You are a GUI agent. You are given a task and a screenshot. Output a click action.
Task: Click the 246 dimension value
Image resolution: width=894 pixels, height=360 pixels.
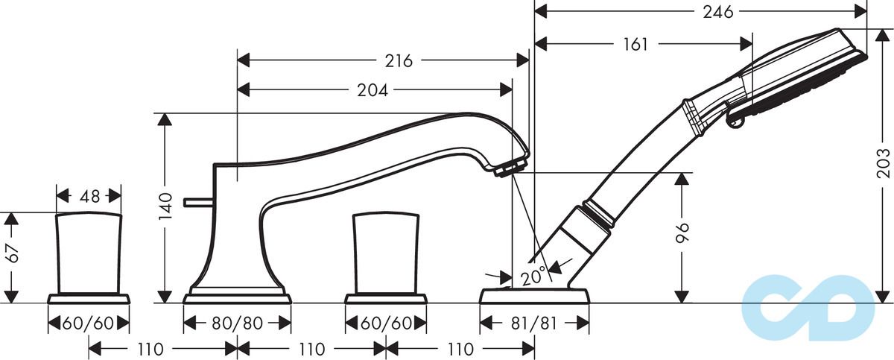click(718, 12)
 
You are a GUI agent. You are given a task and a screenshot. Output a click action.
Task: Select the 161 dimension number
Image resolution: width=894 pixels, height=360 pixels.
click(635, 44)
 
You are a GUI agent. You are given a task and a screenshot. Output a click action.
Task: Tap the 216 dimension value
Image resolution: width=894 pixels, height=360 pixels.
click(399, 60)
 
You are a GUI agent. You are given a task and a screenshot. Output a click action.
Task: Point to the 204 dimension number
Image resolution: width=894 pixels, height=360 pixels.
click(372, 91)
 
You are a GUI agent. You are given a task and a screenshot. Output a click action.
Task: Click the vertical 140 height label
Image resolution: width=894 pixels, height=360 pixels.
click(165, 206)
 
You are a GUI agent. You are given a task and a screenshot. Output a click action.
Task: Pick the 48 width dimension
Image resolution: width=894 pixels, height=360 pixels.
click(89, 196)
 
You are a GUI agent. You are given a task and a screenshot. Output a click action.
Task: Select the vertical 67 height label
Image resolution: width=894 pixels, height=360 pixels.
click(13, 253)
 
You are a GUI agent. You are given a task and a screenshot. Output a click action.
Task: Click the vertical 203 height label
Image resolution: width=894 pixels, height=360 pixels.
click(883, 163)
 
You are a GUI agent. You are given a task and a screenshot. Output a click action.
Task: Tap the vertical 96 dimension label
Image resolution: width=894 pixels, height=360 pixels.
click(682, 233)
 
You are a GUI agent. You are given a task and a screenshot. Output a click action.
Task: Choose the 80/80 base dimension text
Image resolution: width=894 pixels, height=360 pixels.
click(237, 323)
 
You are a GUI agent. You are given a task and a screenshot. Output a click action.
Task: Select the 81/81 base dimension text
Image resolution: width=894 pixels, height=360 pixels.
click(534, 323)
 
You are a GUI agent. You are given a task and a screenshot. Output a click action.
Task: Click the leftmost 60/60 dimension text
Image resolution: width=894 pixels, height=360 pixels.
click(88, 323)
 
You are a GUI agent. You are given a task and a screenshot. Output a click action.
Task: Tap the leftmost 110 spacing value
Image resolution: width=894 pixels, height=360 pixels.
click(150, 350)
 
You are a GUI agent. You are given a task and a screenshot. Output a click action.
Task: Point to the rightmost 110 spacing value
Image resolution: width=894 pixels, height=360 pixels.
click(460, 350)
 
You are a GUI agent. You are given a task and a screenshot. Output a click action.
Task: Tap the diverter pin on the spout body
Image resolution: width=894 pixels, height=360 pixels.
click(199, 202)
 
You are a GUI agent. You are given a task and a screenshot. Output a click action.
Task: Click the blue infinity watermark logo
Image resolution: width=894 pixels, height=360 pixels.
click(808, 307)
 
